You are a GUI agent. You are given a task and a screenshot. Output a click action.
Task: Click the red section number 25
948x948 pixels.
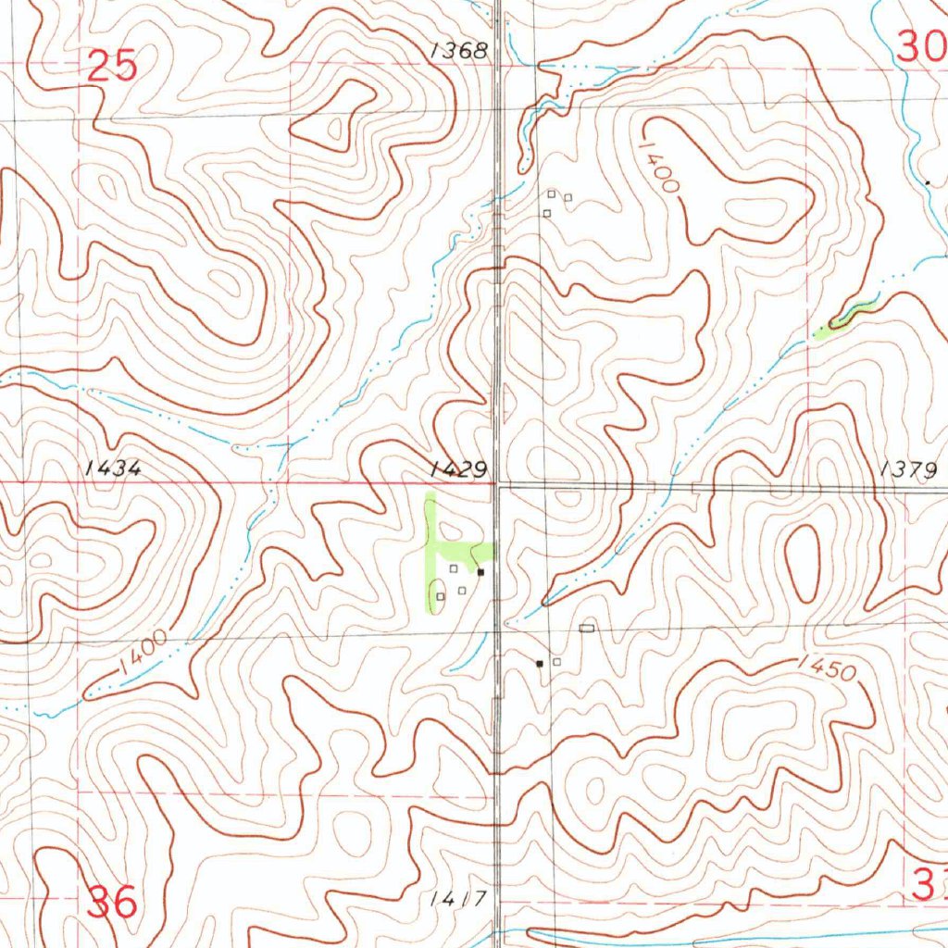click(113, 67)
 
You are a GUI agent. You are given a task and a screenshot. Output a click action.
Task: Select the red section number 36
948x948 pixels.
click(112, 901)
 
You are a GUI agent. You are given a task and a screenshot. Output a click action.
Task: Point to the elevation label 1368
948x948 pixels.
click(458, 51)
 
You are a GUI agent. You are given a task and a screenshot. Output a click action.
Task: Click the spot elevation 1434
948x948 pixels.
click(113, 468)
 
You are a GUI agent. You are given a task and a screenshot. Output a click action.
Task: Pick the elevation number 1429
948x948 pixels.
click(458, 470)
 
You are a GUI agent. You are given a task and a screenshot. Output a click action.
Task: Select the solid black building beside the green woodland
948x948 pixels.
click(481, 573)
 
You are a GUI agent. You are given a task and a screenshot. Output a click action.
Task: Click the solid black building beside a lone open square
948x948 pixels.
click(540, 663)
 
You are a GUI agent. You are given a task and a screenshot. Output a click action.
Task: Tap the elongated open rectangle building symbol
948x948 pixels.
click(585, 629)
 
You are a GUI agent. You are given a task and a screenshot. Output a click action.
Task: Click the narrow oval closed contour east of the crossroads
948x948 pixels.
click(802, 562)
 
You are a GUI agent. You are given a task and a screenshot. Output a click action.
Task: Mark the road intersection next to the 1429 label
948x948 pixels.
click(497, 484)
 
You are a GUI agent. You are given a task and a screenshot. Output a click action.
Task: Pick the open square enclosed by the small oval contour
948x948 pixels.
click(440, 596)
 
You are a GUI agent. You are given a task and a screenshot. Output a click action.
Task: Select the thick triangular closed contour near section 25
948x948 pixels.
click(343, 116)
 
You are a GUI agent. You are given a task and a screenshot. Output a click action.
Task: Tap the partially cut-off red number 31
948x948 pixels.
click(930, 885)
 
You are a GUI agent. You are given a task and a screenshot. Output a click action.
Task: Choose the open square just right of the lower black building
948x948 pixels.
click(557, 662)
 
